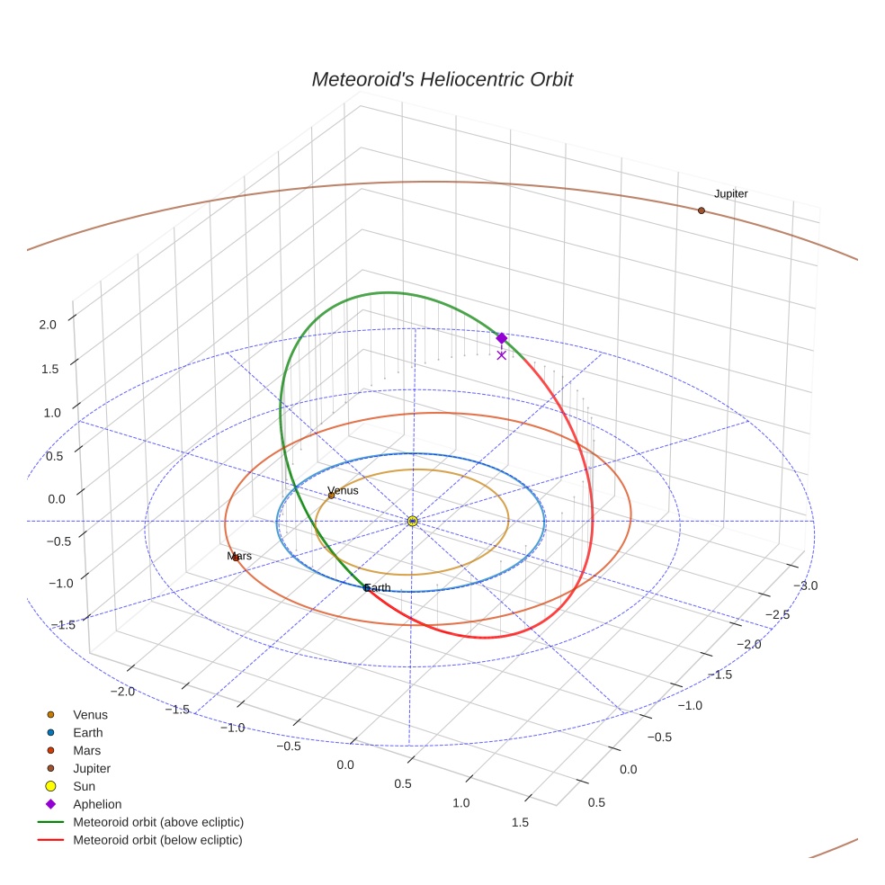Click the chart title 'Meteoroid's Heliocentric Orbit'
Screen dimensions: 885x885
[x=442, y=80]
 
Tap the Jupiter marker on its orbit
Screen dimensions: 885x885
[x=702, y=210]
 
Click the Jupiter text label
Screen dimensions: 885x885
[x=730, y=194]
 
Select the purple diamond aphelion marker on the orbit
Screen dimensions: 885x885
[x=502, y=338]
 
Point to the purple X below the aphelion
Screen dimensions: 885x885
[x=502, y=355]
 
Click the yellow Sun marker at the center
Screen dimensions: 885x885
[x=412, y=521]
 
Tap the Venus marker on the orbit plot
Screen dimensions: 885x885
[x=331, y=496]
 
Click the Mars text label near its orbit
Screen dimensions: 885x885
[x=239, y=556]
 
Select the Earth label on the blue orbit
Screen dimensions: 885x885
[x=378, y=587]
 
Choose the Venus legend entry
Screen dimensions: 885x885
[x=90, y=715]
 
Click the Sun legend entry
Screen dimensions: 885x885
[x=86, y=786]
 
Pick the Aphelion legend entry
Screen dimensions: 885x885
[x=96, y=804]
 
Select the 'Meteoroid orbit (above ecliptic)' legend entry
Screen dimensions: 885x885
[x=157, y=822]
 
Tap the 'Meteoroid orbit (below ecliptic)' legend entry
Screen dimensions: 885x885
[x=157, y=840]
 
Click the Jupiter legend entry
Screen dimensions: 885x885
[x=91, y=768]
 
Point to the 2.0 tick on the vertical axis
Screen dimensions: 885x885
[x=48, y=325]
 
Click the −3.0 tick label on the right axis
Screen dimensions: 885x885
[x=806, y=586]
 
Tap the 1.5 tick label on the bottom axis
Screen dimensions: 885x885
[x=519, y=821]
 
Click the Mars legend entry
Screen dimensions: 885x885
[x=86, y=750]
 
